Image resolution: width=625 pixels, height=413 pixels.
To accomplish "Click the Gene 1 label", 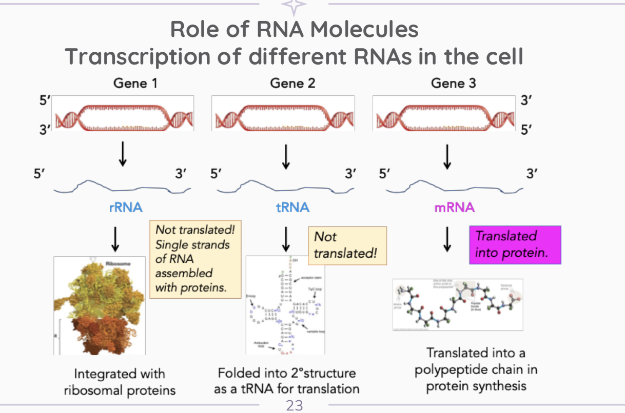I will (x=135, y=83).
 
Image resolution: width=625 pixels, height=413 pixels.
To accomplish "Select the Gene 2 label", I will (x=292, y=83).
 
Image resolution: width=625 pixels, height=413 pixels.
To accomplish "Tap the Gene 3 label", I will (x=453, y=83).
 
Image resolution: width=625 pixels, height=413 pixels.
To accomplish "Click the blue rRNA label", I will (x=126, y=208).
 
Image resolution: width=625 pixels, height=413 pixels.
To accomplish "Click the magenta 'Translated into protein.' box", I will (x=515, y=244).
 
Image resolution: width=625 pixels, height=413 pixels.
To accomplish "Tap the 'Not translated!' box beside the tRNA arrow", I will (x=346, y=246).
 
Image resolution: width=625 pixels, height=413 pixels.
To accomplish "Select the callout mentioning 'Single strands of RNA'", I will (x=196, y=259).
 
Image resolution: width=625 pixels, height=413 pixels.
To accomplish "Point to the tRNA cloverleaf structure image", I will (x=285, y=306).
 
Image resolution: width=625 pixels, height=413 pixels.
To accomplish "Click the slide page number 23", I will (x=294, y=406).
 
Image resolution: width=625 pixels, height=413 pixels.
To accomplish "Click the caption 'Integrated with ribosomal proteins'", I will (x=120, y=382).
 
